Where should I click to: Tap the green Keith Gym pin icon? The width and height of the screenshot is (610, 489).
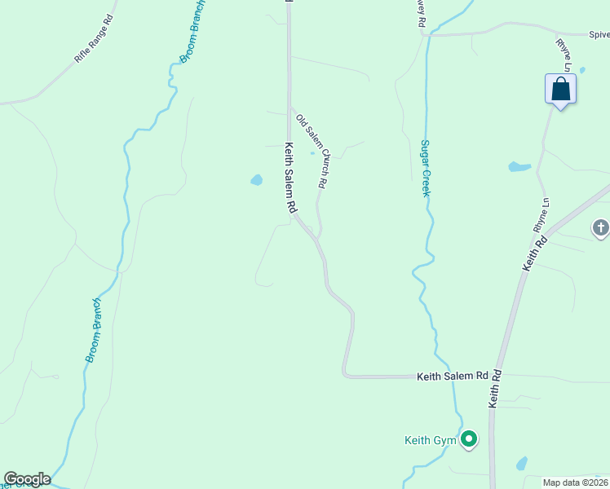(469, 440)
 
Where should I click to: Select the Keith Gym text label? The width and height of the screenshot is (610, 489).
(430, 441)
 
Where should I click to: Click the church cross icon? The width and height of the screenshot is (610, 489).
(600, 228)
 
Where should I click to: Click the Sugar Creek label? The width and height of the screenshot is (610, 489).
(425, 165)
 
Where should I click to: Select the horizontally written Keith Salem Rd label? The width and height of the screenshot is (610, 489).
(452, 377)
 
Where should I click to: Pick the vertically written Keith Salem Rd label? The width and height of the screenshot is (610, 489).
(289, 178)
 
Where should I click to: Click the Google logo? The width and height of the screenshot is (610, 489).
(27, 479)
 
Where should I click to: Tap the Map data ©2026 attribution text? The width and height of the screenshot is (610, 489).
(576, 482)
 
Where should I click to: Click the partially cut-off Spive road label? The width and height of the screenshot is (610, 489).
(599, 35)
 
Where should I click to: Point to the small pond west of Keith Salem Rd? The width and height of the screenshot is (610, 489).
(256, 179)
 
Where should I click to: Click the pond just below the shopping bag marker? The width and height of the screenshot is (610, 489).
(519, 167)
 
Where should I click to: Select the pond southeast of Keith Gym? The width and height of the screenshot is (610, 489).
(521, 464)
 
